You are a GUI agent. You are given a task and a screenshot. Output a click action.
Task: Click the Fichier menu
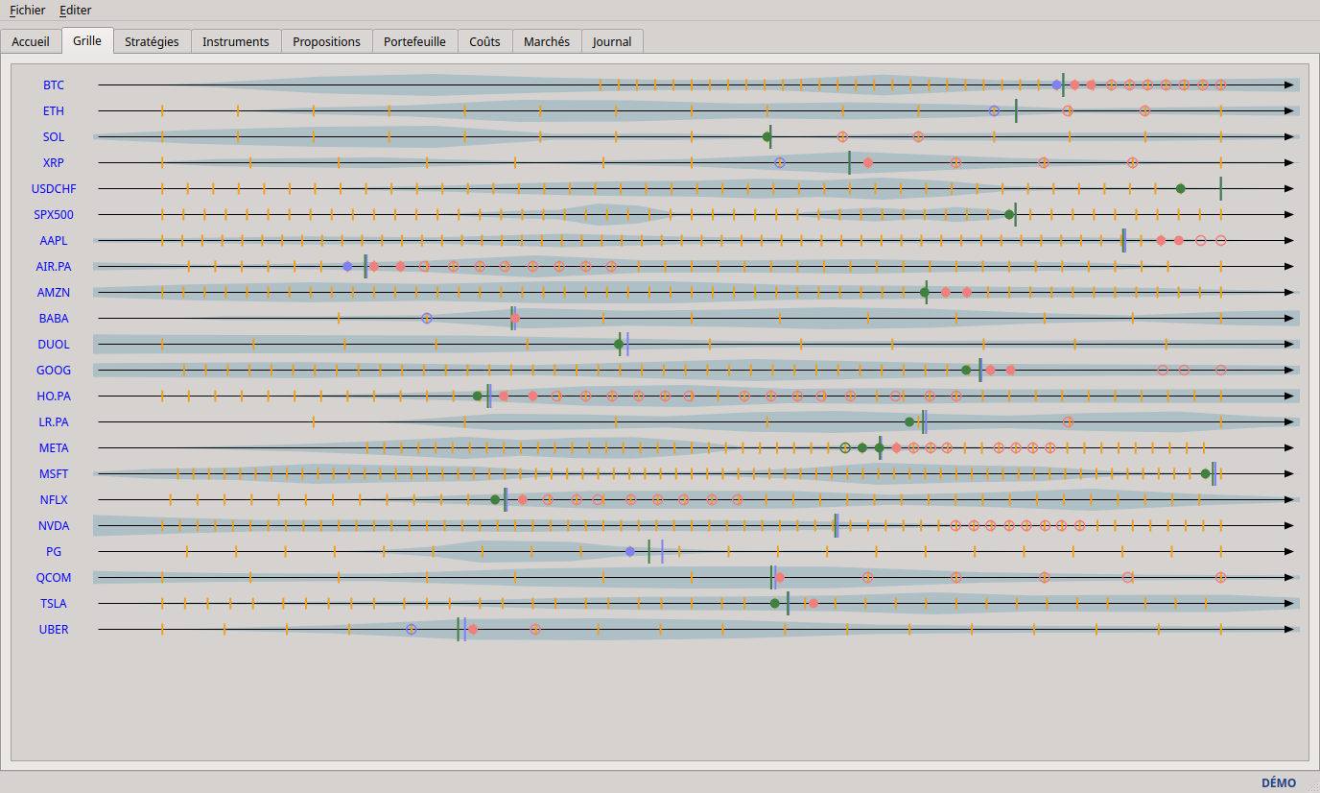tap(27, 10)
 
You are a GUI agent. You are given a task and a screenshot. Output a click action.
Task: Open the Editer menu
tap(76, 10)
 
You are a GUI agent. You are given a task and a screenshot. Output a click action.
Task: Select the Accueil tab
tap(31, 42)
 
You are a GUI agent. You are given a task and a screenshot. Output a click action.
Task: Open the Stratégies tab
tap(152, 42)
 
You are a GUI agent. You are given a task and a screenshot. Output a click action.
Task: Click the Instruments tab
tap(236, 42)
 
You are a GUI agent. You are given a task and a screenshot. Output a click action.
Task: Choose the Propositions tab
tap(326, 42)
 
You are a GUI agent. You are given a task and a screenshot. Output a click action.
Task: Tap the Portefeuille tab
tap(414, 42)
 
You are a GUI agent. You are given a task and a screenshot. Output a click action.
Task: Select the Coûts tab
tap(485, 42)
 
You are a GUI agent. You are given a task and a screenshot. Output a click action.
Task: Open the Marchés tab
tap(547, 42)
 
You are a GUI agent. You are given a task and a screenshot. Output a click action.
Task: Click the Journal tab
tap(612, 42)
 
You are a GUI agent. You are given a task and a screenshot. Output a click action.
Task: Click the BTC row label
tap(54, 84)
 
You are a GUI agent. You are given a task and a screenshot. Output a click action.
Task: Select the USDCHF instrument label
tap(54, 189)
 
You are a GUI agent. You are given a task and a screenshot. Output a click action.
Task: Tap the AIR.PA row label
tap(54, 267)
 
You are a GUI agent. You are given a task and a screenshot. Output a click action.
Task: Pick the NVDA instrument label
tap(54, 526)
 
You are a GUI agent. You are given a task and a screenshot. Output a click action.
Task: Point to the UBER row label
tap(54, 630)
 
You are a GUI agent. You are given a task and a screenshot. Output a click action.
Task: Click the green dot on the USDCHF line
tap(1180, 189)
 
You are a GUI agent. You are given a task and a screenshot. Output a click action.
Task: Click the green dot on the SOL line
tap(766, 136)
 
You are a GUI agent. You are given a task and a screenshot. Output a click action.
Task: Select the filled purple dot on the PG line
tap(630, 552)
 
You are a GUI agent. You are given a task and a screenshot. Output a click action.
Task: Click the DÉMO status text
tap(1279, 783)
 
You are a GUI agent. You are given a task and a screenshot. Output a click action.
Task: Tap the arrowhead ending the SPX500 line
tap(1288, 215)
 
